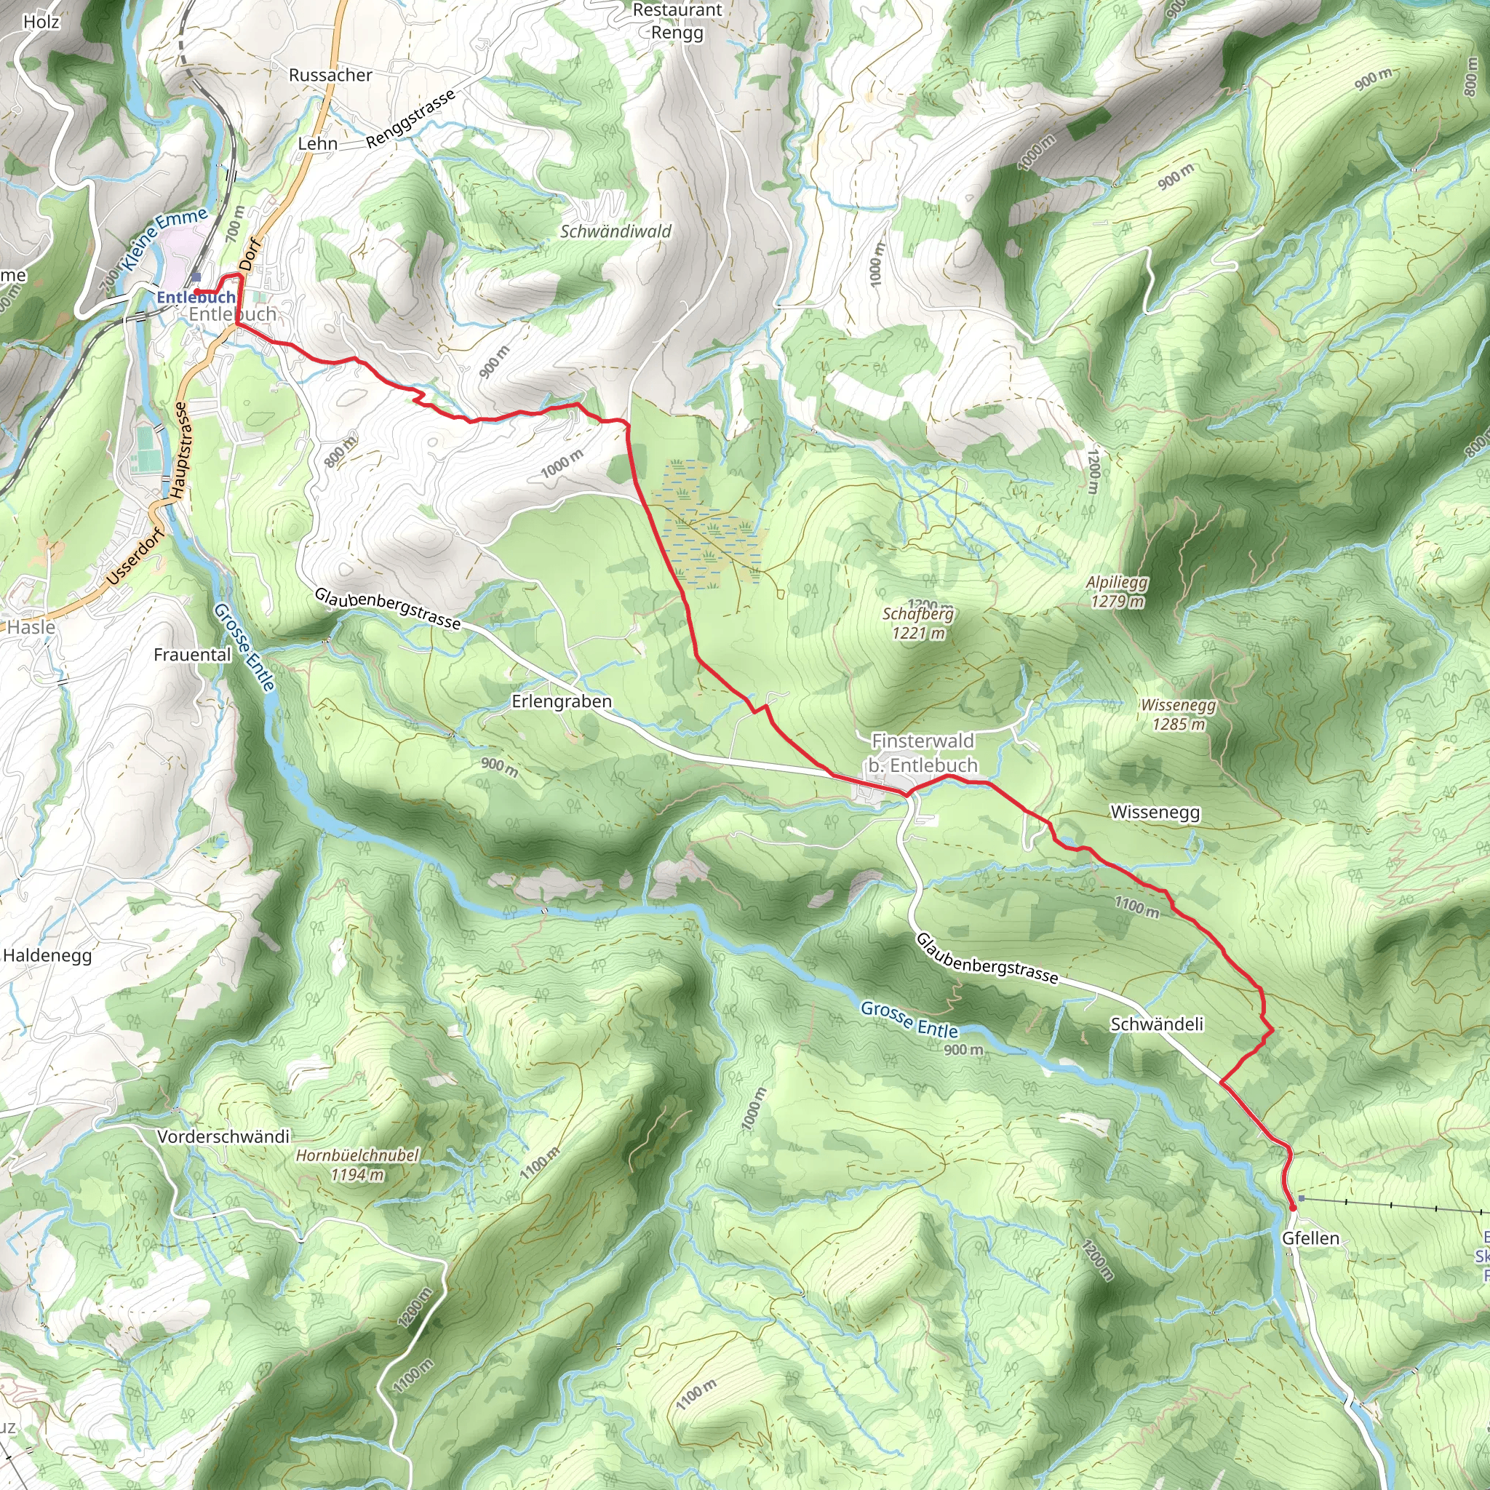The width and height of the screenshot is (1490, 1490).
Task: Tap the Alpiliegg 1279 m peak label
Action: point(1117,591)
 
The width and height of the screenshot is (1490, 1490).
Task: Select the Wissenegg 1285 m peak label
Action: point(1178,714)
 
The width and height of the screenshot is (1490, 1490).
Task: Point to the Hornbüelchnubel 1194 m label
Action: point(357,1165)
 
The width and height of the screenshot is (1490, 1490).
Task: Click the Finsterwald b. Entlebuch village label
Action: point(923,753)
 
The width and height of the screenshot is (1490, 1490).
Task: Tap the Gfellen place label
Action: point(1310,1238)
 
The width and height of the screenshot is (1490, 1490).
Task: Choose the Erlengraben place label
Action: point(562,701)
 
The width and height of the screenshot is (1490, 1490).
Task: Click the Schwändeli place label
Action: point(1157,1024)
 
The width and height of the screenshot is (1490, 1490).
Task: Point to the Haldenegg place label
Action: point(47,955)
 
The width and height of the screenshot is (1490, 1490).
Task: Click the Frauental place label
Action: point(192,654)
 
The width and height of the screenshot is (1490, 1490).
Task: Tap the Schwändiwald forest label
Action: point(615,231)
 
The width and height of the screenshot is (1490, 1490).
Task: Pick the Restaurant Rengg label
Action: point(677,21)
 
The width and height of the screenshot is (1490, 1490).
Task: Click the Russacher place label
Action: point(330,75)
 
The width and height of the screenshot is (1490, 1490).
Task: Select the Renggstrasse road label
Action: point(410,118)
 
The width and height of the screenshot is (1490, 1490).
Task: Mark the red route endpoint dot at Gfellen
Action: point(1292,1207)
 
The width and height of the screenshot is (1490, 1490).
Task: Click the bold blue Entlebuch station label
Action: point(196,297)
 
